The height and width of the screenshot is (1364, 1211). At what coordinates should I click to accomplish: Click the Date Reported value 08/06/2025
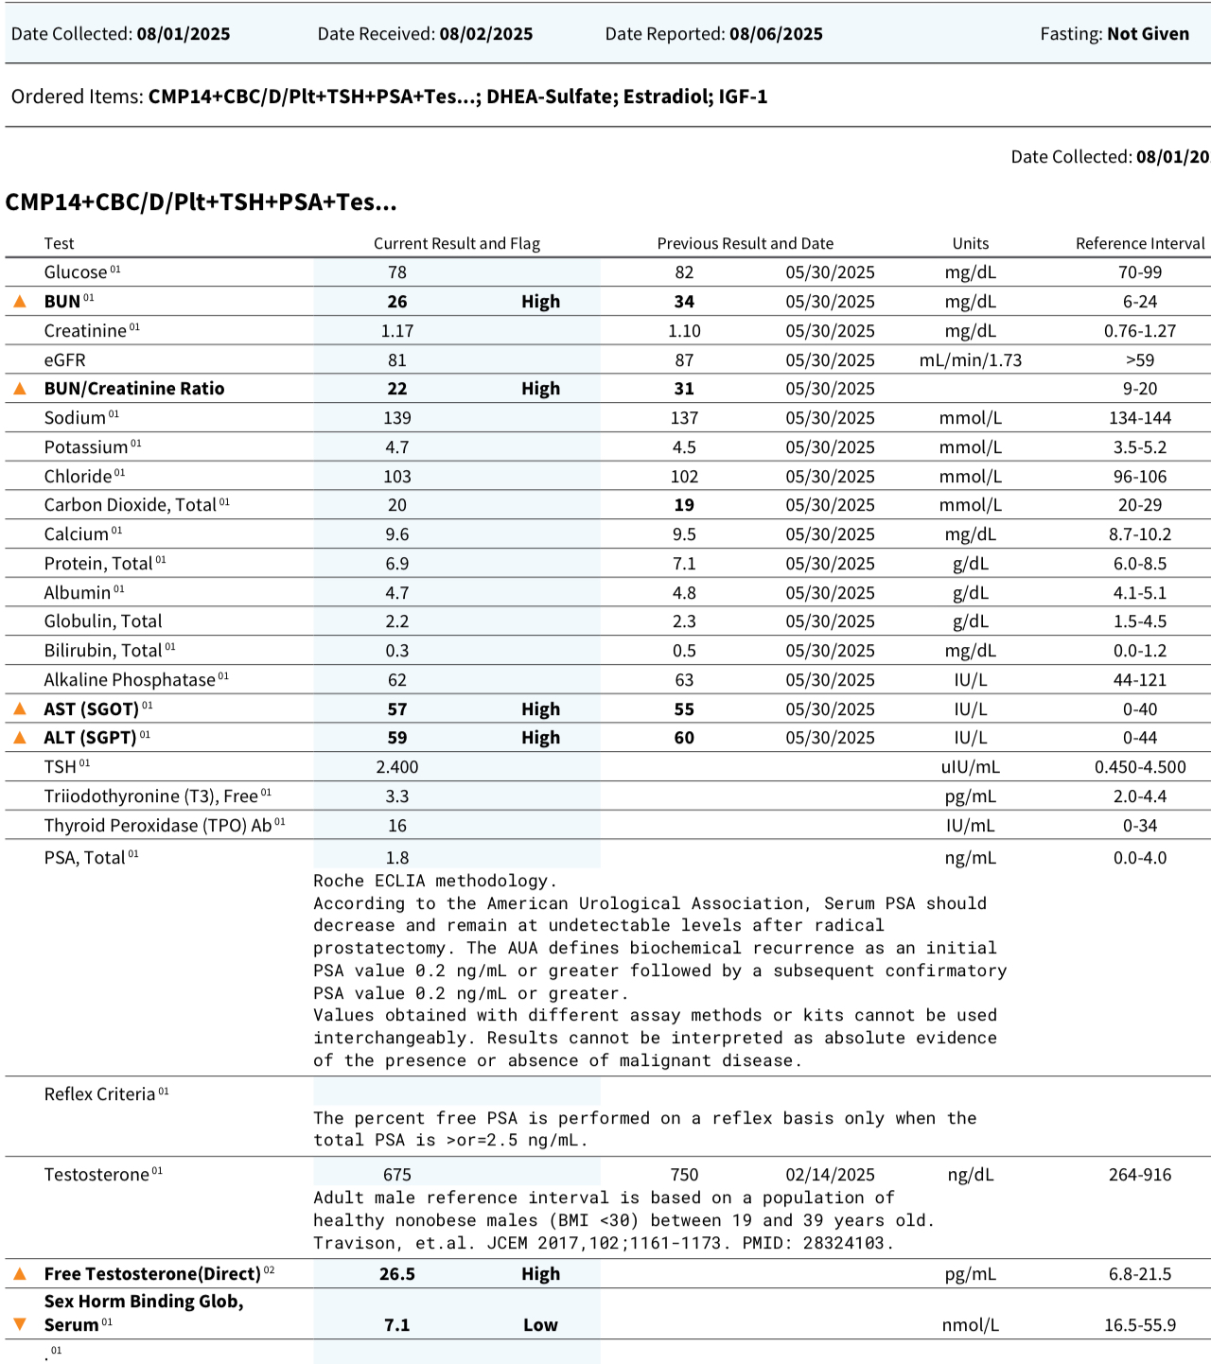pos(776,34)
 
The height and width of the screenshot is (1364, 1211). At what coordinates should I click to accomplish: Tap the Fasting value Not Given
pos(1148,34)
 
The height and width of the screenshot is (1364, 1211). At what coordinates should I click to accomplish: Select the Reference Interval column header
pos(1140,243)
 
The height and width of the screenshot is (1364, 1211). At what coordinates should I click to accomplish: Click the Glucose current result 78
pos(397,272)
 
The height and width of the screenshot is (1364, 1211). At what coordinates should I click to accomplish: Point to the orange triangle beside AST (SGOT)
pos(20,708)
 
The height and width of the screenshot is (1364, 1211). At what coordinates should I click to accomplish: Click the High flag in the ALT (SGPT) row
pos(540,738)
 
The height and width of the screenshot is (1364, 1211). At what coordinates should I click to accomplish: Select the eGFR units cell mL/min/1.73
pos(970,360)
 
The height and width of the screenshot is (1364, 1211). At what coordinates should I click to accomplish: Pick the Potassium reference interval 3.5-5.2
pos(1140,447)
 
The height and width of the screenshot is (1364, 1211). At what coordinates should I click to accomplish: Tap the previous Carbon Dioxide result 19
pos(684,505)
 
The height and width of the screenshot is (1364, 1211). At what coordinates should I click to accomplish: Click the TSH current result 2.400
pos(397,767)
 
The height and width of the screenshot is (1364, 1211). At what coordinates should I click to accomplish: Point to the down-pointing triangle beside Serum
pos(20,1324)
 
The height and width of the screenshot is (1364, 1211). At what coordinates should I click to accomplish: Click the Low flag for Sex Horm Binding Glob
pos(540,1325)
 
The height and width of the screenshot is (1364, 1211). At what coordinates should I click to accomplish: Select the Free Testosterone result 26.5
pos(397,1274)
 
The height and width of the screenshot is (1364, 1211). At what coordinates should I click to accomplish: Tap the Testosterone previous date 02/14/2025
pos(830,1175)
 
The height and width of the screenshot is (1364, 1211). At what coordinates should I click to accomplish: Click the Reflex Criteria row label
pos(99,1094)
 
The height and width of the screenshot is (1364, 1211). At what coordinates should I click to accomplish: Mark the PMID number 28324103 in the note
pos(847,1243)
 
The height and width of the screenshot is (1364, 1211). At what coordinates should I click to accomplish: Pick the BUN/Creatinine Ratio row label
pos(134,389)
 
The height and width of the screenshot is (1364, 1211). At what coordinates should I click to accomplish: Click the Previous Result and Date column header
pos(746,243)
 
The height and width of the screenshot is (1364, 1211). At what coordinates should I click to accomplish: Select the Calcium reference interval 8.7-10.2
pos(1140,534)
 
